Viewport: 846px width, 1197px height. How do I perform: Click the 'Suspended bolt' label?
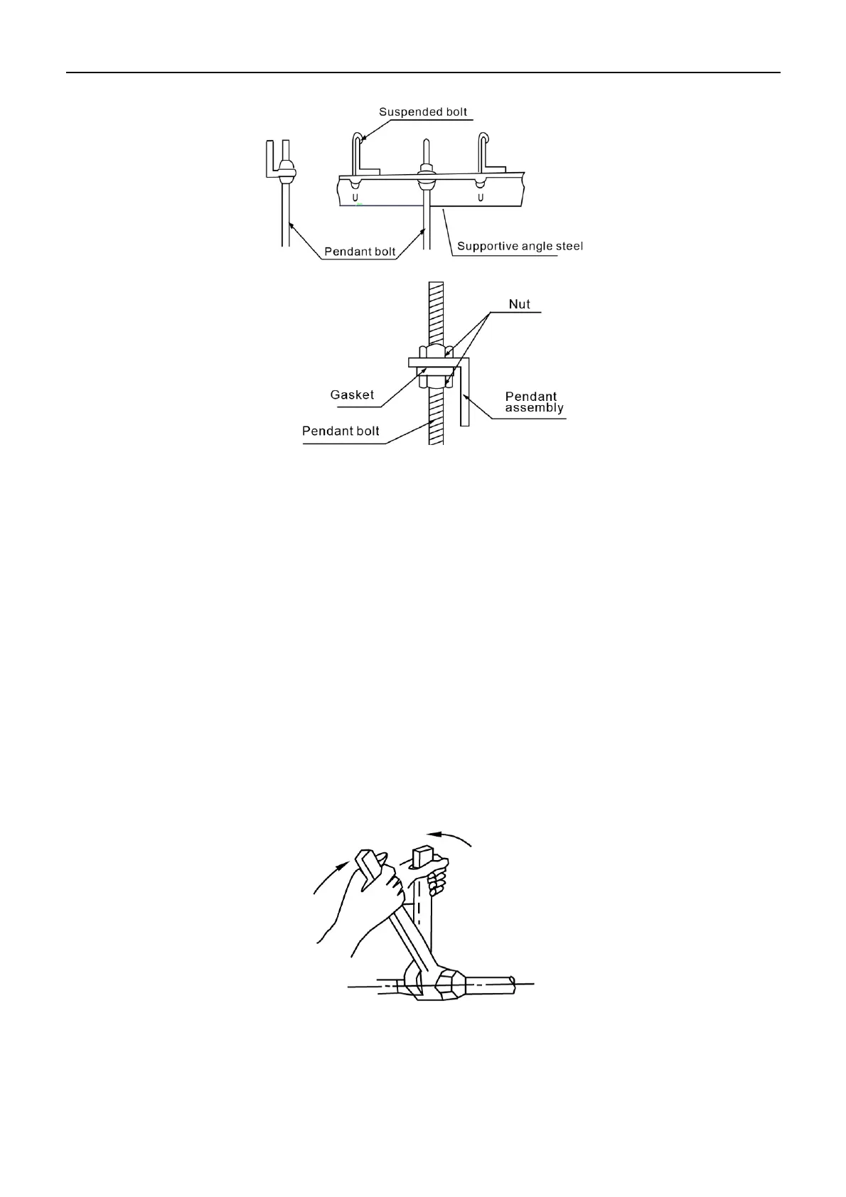pos(423,112)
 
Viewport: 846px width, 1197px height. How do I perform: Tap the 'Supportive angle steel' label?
pos(520,246)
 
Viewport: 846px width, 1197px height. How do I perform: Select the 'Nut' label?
pos(520,304)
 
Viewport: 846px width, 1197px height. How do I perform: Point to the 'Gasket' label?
pos(352,394)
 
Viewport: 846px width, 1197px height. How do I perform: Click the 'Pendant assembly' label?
pos(534,402)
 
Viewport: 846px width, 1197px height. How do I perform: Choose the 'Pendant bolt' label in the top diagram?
pos(360,251)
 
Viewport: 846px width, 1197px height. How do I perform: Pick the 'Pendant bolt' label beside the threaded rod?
pos(341,431)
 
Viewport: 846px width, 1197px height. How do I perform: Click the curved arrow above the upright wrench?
pos(449,836)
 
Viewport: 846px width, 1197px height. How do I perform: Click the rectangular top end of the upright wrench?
pos(422,855)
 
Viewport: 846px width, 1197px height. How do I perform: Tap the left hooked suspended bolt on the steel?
pos(358,153)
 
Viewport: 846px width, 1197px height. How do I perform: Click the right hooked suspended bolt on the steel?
pos(483,153)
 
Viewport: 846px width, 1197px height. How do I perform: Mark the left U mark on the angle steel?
pos(354,196)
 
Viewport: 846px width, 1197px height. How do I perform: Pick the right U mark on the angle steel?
pos(481,196)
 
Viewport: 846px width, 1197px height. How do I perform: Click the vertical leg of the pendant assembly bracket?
pos(464,394)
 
